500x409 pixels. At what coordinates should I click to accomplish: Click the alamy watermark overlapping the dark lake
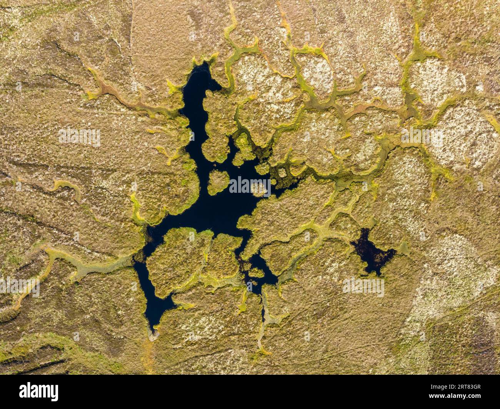pyautogui.click(x=250, y=186)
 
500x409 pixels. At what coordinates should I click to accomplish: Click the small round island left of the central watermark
pyautogui.click(x=218, y=182)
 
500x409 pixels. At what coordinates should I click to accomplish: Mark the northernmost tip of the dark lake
pyautogui.click(x=203, y=65)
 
